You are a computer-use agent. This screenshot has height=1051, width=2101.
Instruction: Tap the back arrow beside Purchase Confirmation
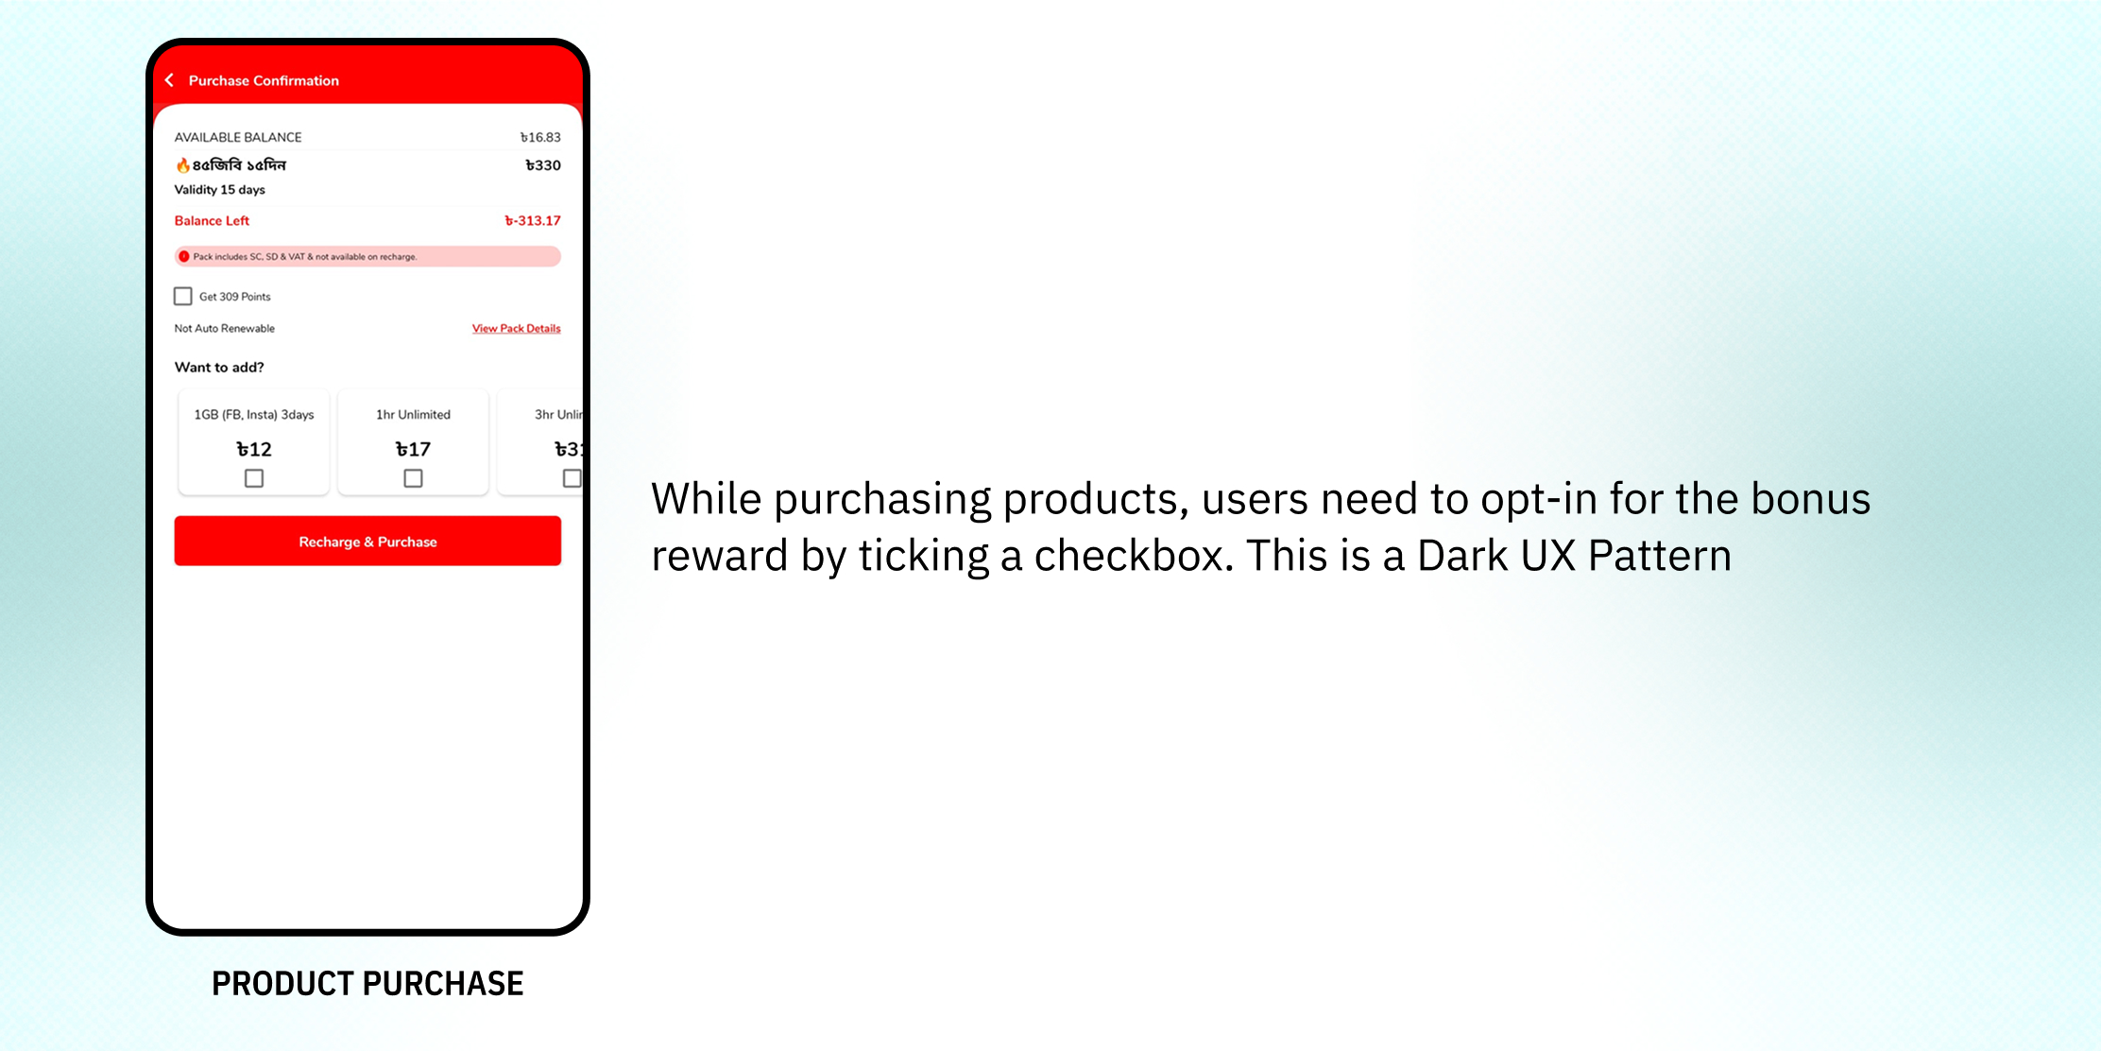[x=170, y=80]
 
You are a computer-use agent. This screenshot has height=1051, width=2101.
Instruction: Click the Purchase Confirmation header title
[x=264, y=81]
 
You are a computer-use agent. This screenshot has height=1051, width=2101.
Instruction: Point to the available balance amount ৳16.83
[x=540, y=137]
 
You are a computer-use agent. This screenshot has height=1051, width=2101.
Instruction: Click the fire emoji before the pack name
[x=182, y=165]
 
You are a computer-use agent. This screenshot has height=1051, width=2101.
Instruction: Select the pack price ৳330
[x=543, y=165]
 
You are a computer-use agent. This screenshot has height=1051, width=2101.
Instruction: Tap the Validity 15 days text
[x=219, y=190]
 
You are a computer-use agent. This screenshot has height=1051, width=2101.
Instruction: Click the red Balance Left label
[x=212, y=221]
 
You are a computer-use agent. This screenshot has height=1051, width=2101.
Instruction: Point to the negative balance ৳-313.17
[x=533, y=221]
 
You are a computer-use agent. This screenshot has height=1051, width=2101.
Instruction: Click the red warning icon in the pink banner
[x=184, y=256]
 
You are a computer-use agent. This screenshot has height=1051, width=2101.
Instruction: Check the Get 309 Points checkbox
[x=183, y=297]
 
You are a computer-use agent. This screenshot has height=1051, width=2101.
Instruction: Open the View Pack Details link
[x=517, y=329]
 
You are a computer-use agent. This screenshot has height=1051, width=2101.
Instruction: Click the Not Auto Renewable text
[x=225, y=329]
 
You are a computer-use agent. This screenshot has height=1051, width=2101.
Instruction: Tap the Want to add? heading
[x=219, y=368]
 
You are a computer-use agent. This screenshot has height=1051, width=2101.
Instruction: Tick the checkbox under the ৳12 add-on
[x=254, y=478]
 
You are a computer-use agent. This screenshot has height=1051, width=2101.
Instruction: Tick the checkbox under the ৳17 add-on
[x=413, y=478]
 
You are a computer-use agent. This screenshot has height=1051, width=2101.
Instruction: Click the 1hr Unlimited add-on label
[x=413, y=415]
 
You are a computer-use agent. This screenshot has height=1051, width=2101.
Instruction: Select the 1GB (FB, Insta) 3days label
[x=254, y=415]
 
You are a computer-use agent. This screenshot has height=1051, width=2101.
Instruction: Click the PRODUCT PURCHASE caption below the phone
[x=367, y=984]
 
